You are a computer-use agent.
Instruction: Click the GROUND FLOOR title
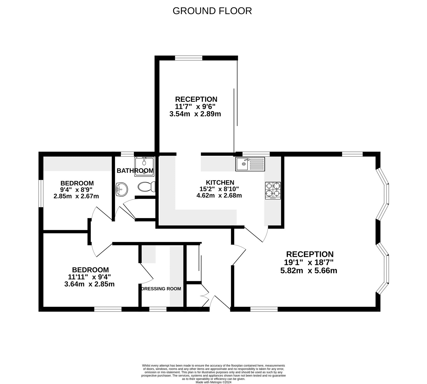point(212,11)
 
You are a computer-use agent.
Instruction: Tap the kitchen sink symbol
point(250,164)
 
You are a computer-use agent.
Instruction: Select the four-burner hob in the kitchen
point(273,190)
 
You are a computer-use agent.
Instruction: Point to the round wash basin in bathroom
point(122,190)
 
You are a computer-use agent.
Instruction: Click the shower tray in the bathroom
point(144,167)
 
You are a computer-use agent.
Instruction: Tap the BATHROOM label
point(135,171)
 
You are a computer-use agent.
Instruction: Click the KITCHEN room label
point(220,182)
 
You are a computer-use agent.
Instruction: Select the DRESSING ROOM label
point(161,289)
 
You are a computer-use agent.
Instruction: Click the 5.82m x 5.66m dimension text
point(309,271)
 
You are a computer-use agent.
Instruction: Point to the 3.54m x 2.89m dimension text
point(195,114)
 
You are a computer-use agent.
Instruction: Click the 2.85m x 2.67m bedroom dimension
point(76,197)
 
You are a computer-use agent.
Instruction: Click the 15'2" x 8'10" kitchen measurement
point(219,189)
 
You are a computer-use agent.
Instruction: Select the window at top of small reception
point(188,57)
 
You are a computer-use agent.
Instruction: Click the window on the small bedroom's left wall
point(41,193)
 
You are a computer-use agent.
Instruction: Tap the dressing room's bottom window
point(158,309)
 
